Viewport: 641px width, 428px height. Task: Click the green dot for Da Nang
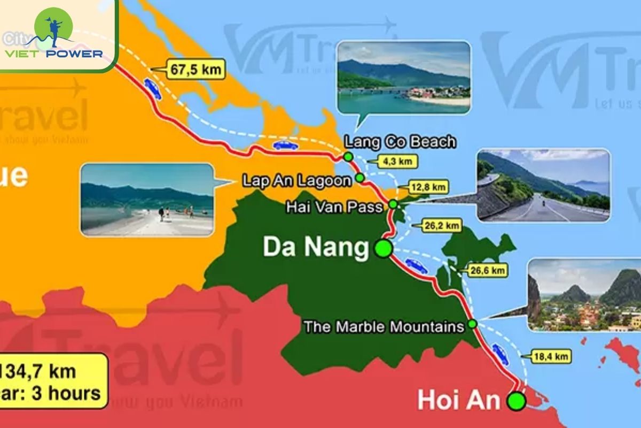coord(383,249)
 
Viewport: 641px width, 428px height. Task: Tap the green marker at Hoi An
coord(516,401)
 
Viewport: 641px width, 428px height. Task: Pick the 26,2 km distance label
coord(441,226)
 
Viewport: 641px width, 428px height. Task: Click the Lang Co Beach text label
coord(400,142)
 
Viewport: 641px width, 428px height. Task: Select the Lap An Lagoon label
coord(297,180)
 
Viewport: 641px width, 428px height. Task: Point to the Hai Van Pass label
coord(334,207)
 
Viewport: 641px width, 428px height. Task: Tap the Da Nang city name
coord(316,248)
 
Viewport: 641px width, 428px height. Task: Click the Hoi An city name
coord(458,400)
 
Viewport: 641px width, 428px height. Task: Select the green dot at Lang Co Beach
coord(348,157)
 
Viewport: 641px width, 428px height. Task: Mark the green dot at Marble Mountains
coord(472,324)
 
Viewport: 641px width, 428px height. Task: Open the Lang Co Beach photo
coord(404,78)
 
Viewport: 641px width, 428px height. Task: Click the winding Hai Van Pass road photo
coord(543,185)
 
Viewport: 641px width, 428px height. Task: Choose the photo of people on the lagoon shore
coord(147,200)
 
